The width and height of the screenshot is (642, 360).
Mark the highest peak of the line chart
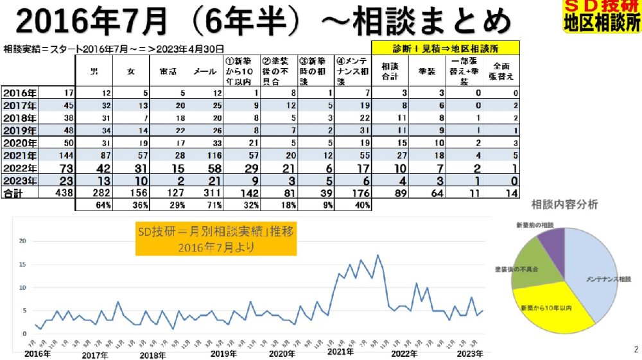point(378,255)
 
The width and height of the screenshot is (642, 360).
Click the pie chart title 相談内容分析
point(565,205)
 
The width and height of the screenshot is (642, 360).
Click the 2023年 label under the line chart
point(471,354)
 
